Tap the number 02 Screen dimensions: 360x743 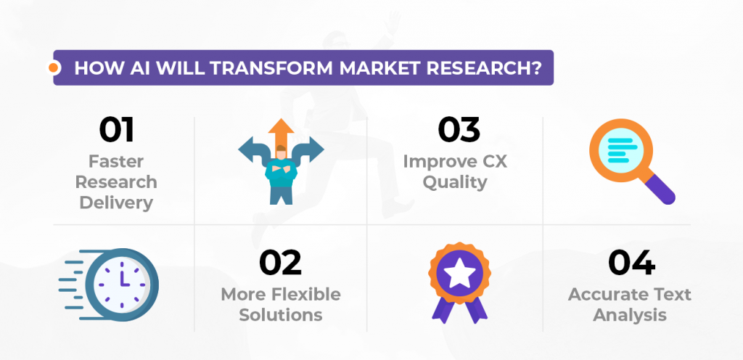click(x=280, y=263)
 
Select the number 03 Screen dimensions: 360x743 click(x=459, y=131)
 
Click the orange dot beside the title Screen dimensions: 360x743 click(x=53, y=68)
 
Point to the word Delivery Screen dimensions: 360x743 click(x=116, y=202)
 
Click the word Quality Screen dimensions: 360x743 click(x=455, y=181)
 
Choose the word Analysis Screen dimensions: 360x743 click(x=629, y=315)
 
